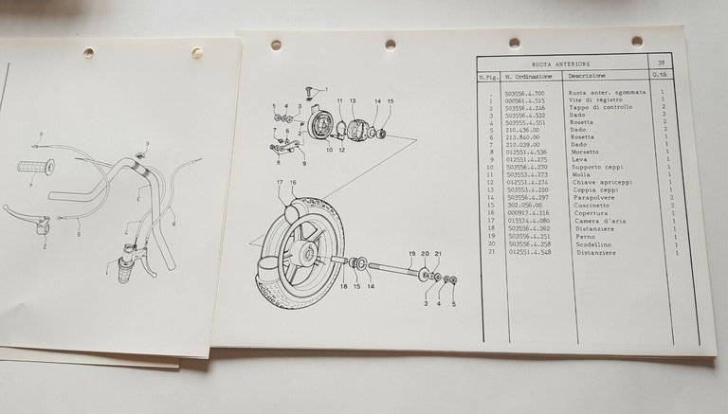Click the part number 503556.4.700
tap(527, 92)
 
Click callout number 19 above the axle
tap(412, 255)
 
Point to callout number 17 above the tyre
tap(281, 181)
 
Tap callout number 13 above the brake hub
tap(352, 100)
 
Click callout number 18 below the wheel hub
tap(343, 285)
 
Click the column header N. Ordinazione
tap(527, 76)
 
